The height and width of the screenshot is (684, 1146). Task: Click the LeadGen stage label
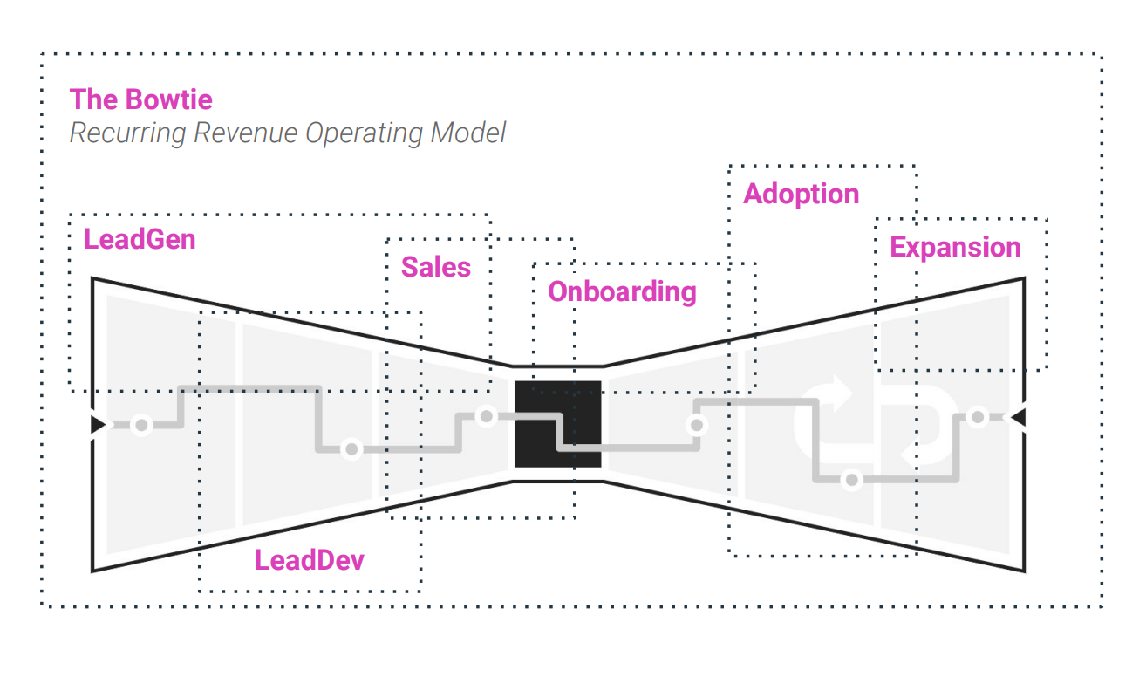tap(140, 239)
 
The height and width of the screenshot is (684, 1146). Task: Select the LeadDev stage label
tap(310, 560)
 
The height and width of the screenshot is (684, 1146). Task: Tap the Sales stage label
tap(436, 267)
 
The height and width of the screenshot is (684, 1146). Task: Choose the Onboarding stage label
tap(622, 291)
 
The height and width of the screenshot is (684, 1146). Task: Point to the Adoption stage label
tap(801, 194)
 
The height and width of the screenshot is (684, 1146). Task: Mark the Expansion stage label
tap(955, 248)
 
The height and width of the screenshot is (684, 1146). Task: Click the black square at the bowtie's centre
tap(558, 424)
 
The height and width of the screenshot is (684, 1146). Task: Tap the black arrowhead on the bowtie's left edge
tap(98, 425)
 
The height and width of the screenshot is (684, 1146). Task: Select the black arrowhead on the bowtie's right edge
tap(1018, 418)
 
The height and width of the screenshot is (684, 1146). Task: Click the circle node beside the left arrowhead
tap(140, 425)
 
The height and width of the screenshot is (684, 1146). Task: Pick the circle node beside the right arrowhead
tap(979, 417)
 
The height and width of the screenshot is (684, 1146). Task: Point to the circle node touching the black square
tap(487, 416)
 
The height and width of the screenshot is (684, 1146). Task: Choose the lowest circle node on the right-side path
tap(852, 480)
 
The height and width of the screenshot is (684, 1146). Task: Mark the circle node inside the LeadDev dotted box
tap(351, 449)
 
